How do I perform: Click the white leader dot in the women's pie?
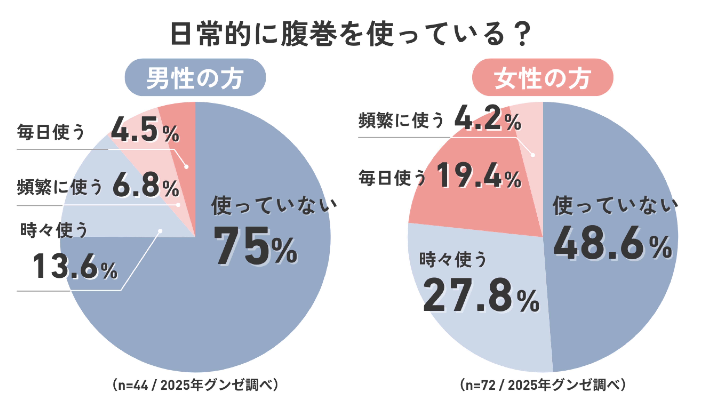(x=533, y=155)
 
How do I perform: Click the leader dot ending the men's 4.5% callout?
(x=186, y=167)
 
